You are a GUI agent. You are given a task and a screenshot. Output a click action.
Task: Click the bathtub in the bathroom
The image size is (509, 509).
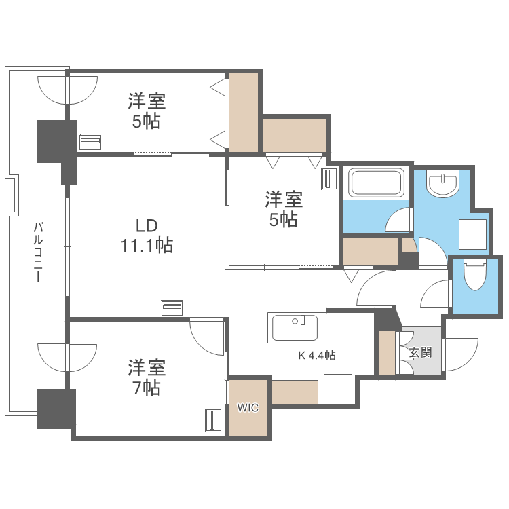[x=376, y=183]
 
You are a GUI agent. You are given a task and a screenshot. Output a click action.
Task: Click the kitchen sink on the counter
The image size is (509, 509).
[x=294, y=327]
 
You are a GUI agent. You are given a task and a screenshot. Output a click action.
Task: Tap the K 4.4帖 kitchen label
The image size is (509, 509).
[x=317, y=354]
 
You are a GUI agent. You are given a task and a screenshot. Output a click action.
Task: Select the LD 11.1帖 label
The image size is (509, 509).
[x=147, y=235]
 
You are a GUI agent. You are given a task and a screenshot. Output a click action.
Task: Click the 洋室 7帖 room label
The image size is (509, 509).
[x=147, y=378]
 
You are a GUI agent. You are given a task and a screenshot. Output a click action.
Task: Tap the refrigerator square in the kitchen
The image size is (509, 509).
[x=337, y=388]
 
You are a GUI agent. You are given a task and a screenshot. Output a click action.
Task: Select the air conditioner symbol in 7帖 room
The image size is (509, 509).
[x=213, y=420]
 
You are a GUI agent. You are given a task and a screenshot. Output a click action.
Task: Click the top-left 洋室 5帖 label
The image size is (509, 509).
[x=147, y=111]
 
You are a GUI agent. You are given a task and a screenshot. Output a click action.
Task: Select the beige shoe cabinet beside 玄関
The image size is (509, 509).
[x=386, y=353]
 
